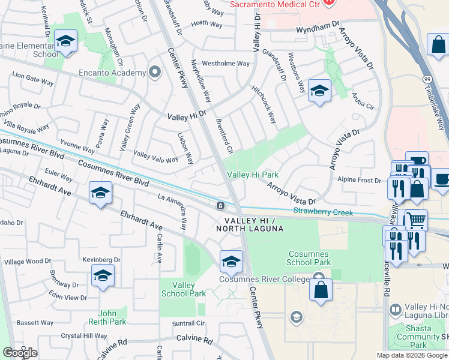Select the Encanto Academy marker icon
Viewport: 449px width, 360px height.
point(155,73)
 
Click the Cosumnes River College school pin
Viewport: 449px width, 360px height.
point(231,262)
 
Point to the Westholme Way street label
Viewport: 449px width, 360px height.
point(225,64)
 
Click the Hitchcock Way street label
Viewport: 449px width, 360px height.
point(264,103)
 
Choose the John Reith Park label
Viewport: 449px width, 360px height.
point(112,317)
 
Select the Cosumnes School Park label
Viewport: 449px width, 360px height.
point(309,258)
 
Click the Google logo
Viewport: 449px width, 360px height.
point(20,353)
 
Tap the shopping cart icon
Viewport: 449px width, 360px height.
point(415,220)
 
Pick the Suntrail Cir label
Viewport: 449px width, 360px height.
point(188,323)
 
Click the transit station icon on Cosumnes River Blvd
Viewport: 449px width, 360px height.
point(221,206)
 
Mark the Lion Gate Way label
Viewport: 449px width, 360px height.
point(32,77)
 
